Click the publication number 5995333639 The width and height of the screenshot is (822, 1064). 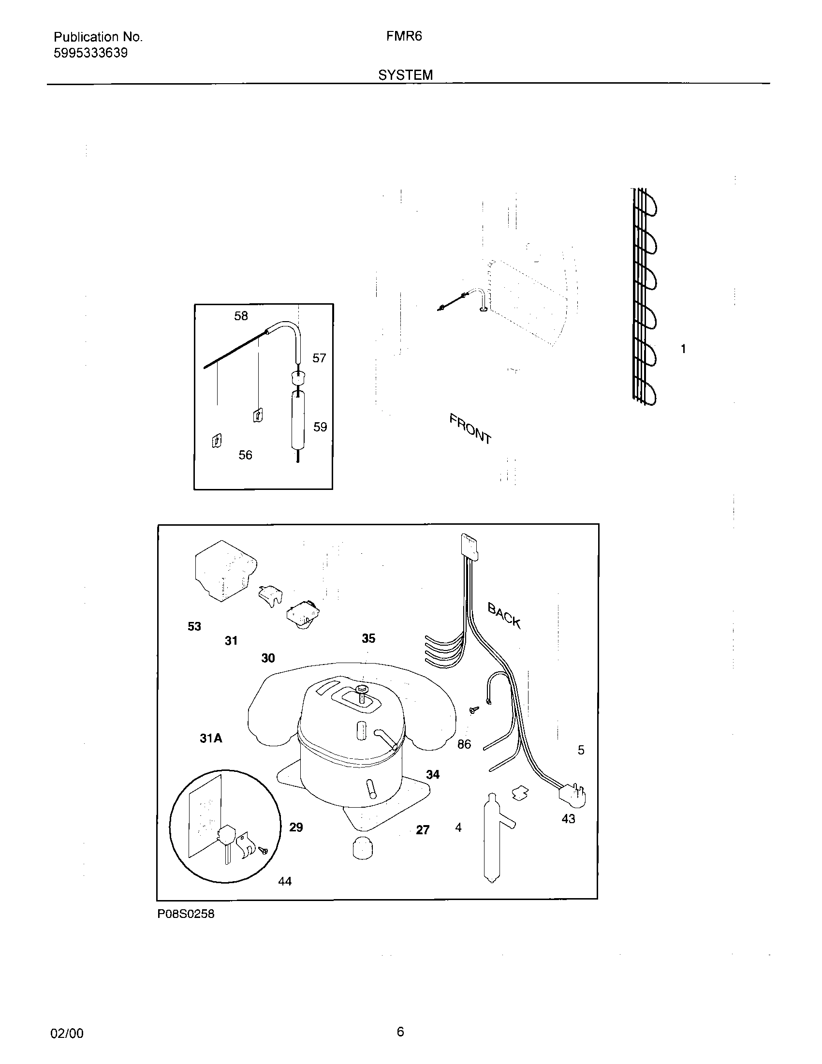(x=90, y=53)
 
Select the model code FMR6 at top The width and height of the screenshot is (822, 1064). (x=404, y=37)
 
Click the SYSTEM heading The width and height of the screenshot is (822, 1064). (x=405, y=75)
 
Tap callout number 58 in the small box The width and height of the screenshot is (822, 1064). (x=241, y=316)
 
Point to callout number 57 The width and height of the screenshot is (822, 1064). (x=319, y=358)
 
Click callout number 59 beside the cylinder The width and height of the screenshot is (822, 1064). (x=320, y=427)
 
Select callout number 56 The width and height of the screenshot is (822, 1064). (x=245, y=455)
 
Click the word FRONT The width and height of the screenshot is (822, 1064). (x=470, y=429)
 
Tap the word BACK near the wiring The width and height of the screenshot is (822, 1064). (x=504, y=615)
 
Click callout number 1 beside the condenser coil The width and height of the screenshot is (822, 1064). (x=683, y=349)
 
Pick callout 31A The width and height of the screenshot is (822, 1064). (x=211, y=739)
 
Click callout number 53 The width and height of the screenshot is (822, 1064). (x=194, y=626)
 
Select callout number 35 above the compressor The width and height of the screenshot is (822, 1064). (x=368, y=639)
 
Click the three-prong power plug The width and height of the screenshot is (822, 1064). (x=572, y=796)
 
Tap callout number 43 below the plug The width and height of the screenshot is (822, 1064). (x=568, y=819)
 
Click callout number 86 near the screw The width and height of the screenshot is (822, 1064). (x=464, y=744)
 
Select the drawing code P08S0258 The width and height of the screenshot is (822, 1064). (x=186, y=915)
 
